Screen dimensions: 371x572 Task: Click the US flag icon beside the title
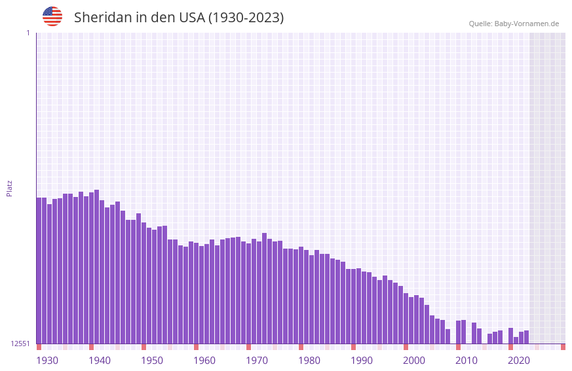52,16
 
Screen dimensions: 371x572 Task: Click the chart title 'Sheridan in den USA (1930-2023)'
179,18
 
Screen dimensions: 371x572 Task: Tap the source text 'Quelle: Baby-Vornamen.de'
514,24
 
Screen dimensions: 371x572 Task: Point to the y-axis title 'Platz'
9,188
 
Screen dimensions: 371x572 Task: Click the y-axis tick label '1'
28,33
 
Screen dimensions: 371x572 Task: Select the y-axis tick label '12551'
20,344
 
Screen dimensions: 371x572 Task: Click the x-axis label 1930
47,361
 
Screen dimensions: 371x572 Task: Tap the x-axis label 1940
100,361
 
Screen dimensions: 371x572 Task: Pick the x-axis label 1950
152,361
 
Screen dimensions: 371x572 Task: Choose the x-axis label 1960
204,361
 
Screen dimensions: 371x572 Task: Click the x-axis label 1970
257,361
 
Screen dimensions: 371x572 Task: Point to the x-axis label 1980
309,361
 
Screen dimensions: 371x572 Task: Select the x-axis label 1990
362,361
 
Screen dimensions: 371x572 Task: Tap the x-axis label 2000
414,361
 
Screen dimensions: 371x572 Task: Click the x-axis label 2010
467,361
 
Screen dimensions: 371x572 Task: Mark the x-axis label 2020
519,361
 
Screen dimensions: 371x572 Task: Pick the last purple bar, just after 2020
526,337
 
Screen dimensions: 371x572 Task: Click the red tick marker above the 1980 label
301,347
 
